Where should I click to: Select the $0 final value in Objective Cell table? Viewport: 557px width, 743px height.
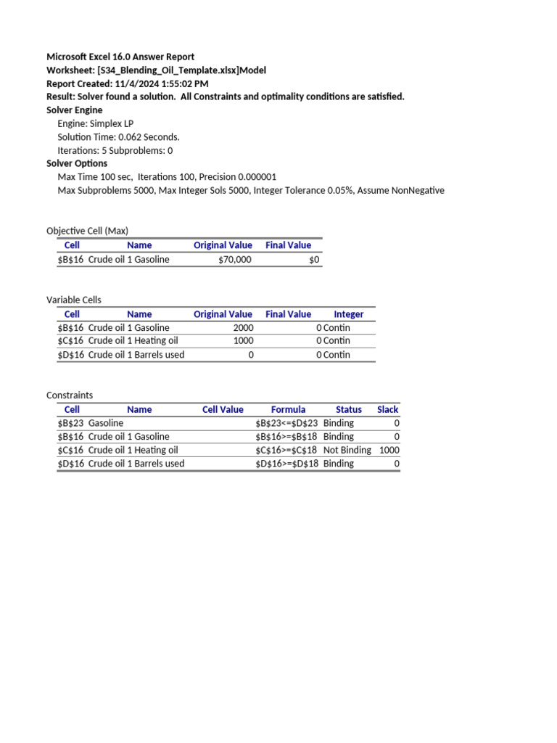point(313,260)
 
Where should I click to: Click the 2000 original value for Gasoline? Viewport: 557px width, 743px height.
point(243,328)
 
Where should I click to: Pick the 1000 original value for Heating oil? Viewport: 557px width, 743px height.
point(243,340)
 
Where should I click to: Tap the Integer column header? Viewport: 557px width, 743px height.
point(348,314)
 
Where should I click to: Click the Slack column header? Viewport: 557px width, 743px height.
point(388,409)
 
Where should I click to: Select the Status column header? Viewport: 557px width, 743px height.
point(348,409)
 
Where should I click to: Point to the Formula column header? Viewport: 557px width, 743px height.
point(288,409)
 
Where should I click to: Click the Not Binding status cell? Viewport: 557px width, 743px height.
point(347,450)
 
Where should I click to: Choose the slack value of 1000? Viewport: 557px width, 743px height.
point(389,450)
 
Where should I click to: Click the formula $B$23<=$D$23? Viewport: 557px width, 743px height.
point(286,423)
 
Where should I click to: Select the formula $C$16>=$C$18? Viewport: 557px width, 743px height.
point(286,450)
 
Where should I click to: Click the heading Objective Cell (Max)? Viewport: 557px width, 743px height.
point(87,231)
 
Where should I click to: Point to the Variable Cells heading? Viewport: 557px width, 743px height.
point(74,300)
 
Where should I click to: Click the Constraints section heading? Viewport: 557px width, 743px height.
point(70,395)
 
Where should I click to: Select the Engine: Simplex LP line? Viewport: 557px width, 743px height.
point(96,123)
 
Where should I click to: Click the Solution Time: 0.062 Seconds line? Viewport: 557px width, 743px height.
point(118,137)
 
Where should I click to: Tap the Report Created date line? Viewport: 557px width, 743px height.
point(127,83)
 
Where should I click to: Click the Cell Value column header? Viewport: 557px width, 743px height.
point(223,409)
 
